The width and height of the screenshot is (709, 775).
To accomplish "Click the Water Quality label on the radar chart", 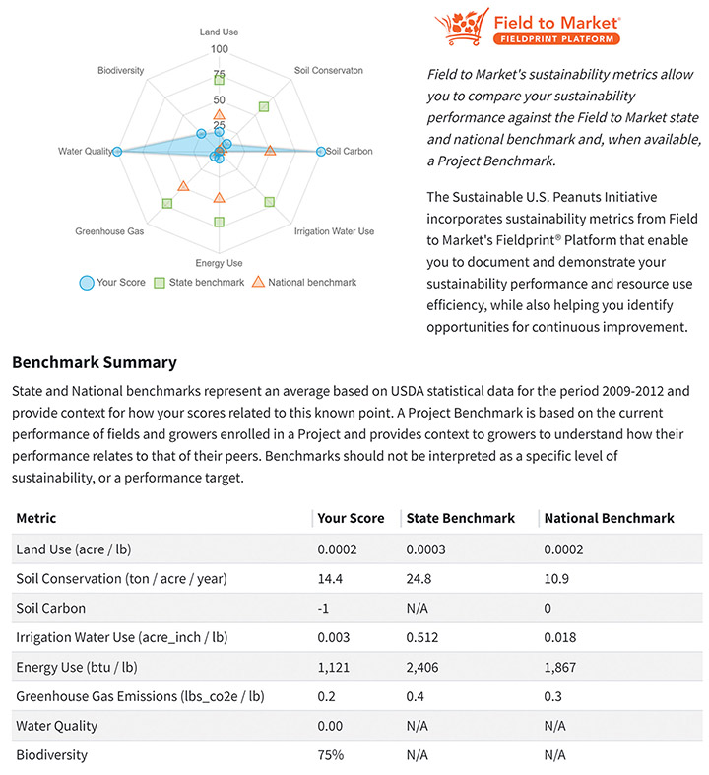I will (85, 151).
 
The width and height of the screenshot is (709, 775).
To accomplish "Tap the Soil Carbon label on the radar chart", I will (350, 151).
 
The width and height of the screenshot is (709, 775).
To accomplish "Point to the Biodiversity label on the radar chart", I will (121, 71).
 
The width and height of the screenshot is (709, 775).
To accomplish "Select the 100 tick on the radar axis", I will (219, 49).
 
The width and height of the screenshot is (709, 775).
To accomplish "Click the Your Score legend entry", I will (112, 283).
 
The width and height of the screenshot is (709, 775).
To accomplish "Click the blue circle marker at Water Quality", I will (117, 151).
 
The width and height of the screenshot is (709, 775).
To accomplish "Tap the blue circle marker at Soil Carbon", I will (321, 151).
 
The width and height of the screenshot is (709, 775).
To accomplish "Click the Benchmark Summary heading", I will (95, 362).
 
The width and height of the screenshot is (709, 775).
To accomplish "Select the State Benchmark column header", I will (459, 518).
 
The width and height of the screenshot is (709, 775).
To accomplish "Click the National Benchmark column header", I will (609, 518).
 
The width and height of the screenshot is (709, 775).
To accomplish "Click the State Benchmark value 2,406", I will (423, 667).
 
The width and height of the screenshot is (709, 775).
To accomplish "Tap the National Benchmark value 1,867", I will (561, 667).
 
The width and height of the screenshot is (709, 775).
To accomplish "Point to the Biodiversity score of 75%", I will (330, 755).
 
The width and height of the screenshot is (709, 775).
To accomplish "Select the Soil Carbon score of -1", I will (323, 609).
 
